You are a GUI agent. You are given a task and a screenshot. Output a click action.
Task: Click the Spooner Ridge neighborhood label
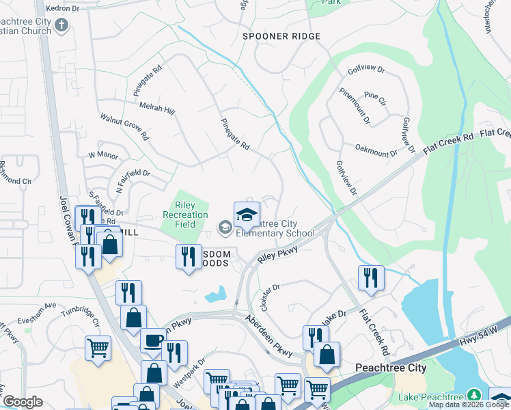point(281,36)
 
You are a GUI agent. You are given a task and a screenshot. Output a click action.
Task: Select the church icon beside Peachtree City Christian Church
point(61,26)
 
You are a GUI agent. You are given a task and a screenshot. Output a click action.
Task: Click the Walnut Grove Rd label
point(124,127)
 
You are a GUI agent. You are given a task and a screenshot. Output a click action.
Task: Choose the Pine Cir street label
point(375,96)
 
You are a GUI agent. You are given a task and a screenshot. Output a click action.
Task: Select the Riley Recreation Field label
point(185,215)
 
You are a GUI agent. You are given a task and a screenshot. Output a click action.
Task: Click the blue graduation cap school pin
point(247,215)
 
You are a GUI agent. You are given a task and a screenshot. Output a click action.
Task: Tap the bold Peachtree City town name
point(391,368)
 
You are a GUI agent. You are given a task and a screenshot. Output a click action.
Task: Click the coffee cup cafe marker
point(153,340)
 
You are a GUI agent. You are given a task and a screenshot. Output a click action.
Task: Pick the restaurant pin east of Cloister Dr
point(371,277)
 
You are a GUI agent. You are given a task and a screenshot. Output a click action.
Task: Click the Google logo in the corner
point(23,402)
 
